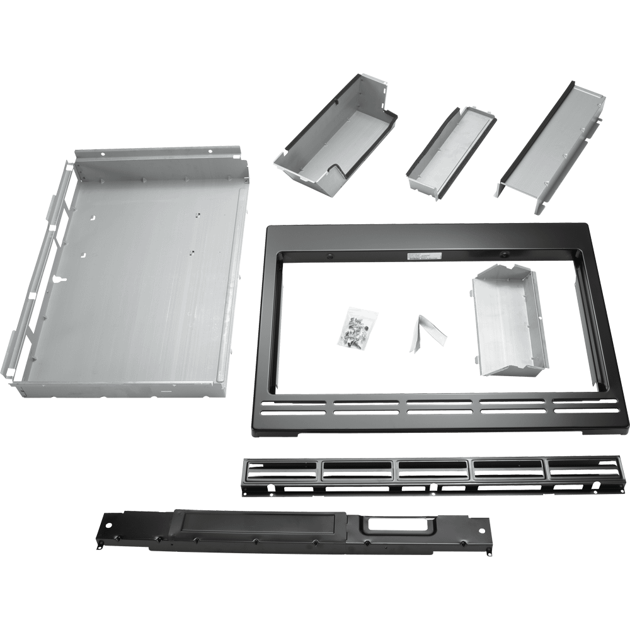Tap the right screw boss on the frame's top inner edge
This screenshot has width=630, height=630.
click(504, 253)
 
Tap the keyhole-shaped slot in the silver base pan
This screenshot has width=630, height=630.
click(59, 278)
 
